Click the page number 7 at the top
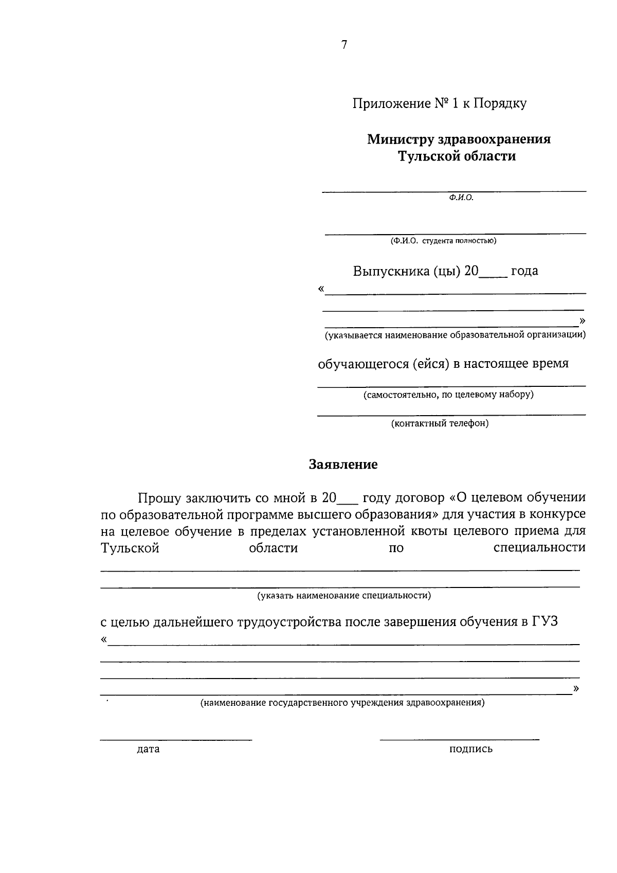tap(344, 45)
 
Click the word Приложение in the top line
tap(391, 103)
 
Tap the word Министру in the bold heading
tap(398, 139)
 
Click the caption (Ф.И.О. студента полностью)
tap(443, 240)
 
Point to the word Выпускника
tap(391, 271)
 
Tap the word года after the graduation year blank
tap(524, 271)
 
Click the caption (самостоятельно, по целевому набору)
tap(448, 395)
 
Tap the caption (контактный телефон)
tap(440, 423)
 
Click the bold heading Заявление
tap(343, 465)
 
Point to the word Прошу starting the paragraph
tap(159, 498)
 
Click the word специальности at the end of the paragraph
tap(539, 547)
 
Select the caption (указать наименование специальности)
tap(344, 596)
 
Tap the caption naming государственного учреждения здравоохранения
tap(342, 702)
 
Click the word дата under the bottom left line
tap(148, 749)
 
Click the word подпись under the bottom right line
tap(470, 749)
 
